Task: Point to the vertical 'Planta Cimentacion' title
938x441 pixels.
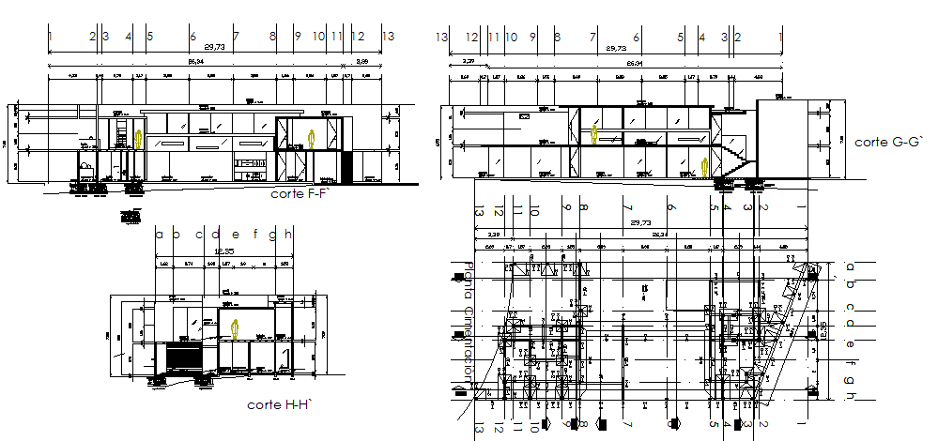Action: pos(467,338)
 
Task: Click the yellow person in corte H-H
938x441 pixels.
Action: pos(235,328)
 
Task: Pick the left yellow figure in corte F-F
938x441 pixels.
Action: pos(140,140)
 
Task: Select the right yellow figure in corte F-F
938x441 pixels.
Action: pos(314,140)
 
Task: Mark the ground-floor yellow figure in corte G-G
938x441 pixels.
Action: pos(705,167)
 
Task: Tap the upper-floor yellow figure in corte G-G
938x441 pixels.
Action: pos(594,135)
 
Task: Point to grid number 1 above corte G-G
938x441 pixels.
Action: pos(781,37)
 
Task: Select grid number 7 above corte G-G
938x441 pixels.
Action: pos(593,37)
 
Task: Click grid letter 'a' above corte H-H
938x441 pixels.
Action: pos(159,235)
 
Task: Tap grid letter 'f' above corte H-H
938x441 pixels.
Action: pos(254,235)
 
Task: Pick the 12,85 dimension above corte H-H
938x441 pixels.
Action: pos(223,252)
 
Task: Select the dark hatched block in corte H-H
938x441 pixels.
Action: pos(182,357)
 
